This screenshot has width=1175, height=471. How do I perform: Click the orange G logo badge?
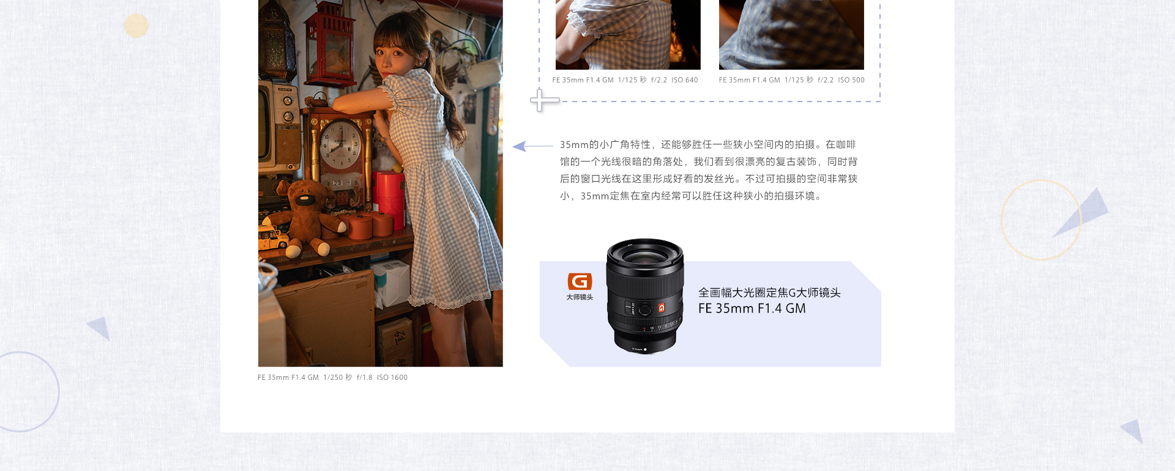(580, 281)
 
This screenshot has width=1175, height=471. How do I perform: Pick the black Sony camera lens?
(644, 295)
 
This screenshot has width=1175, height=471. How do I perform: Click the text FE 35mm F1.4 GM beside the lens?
(752, 309)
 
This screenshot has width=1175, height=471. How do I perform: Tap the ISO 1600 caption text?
(392, 377)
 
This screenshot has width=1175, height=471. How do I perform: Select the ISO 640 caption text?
(684, 80)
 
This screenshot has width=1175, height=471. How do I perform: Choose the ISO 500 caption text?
(851, 80)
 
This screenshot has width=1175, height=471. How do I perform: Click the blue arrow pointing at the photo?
(532, 146)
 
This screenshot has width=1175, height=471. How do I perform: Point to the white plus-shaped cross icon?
(544, 100)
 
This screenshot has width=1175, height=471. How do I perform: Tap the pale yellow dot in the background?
(136, 26)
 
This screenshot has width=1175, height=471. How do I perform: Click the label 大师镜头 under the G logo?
(580, 297)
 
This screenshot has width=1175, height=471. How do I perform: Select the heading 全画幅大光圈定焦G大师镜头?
(769, 293)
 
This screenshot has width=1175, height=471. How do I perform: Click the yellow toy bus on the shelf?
(272, 237)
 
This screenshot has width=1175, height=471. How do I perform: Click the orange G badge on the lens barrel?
(662, 308)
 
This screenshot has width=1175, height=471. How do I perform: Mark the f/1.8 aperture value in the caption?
(365, 377)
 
